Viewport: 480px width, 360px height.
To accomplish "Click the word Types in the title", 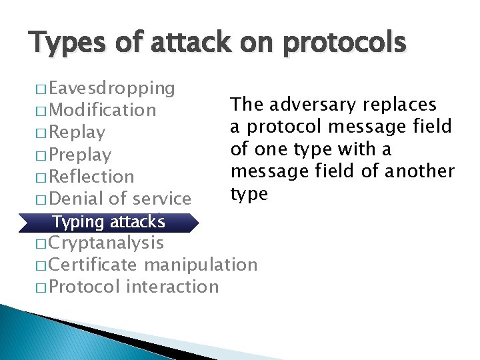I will tap(61, 43).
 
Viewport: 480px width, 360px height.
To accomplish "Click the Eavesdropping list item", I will tap(111, 87).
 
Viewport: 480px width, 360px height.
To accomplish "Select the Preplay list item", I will tap(80, 154).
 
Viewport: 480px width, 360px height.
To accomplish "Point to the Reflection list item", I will tap(91, 176).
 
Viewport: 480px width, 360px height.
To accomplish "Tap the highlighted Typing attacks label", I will tap(108, 221).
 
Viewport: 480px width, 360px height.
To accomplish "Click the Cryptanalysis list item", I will tap(106, 243).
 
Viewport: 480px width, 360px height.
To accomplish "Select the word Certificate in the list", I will tap(93, 265).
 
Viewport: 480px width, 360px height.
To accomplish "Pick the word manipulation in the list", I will tap(201, 265).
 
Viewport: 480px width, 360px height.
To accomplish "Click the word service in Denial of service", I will tap(162, 198).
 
